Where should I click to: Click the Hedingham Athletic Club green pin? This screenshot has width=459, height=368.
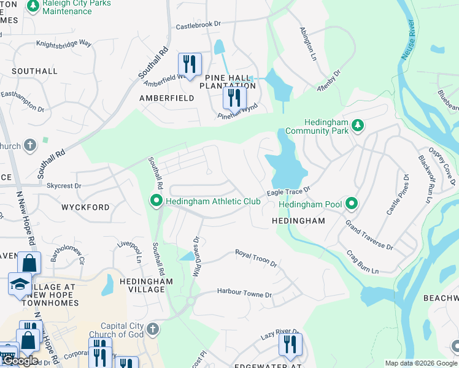[x=156, y=201]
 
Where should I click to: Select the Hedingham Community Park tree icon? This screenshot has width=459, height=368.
[x=358, y=125]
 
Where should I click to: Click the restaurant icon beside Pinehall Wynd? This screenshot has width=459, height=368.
[x=234, y=97]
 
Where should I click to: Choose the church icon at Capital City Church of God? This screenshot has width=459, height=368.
[x=153, y=329]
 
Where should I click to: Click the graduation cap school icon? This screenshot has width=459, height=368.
[x=20, y=284]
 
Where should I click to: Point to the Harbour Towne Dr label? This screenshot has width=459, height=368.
[x=244, y=294]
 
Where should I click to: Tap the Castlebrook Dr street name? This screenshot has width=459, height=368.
[x=198, y=26]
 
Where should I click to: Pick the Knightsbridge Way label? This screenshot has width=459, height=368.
[x=63, y=44]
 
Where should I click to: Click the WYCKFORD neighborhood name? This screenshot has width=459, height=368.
[x=85, y=207]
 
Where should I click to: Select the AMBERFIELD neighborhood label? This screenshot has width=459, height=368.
[x=166, y=98]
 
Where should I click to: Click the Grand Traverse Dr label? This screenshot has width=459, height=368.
[x=368, y=236]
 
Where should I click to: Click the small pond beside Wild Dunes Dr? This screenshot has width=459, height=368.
[x=187, y=256]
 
